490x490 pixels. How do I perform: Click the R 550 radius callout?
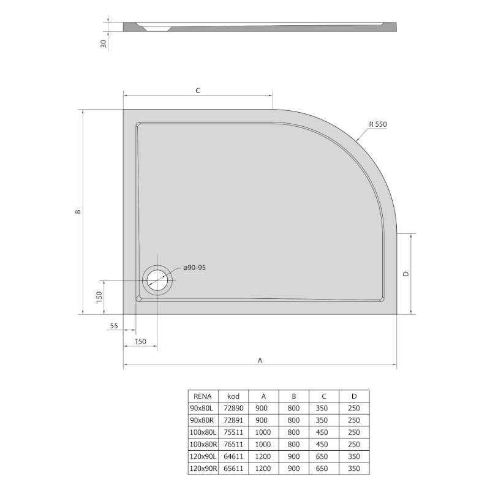click(378, 124)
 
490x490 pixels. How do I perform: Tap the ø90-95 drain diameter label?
click(194, 268)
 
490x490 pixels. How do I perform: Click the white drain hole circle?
click(157, 280)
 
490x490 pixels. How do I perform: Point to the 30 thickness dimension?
click(104, 43)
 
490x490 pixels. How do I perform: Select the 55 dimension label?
click(114, 326)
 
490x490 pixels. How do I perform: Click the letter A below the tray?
click(260, 360)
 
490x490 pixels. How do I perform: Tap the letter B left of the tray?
click(78, 211)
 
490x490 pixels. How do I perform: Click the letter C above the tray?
click(198, 91)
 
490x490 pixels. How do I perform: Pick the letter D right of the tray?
click(406, 274)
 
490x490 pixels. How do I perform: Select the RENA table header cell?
click(203, 396)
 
